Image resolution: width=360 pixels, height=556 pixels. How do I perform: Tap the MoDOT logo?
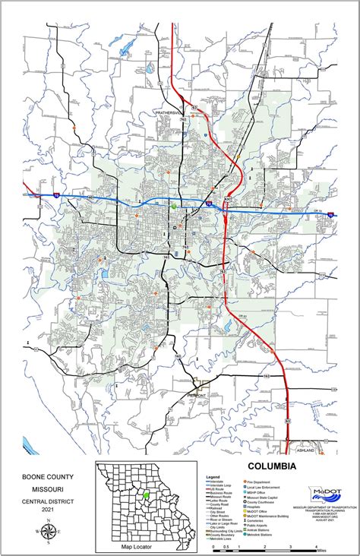click(323, 494)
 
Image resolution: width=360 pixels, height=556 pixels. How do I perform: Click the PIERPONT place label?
click(197, 396)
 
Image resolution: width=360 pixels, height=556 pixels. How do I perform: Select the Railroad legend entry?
click(217, 507)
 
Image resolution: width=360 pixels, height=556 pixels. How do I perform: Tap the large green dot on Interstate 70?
click(174, 206)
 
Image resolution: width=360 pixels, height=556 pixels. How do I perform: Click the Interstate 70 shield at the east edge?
click(332, 215)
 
